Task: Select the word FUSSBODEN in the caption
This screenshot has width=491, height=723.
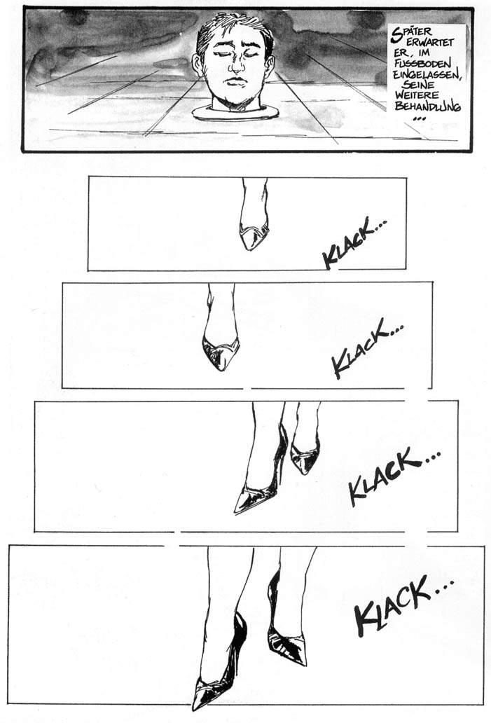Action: pyautogui.click(x=422, y=64)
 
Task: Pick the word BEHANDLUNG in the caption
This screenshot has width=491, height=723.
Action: pyautogui.click(x=427, y=106)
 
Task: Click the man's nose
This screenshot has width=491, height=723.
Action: pyautogui.click(x=237, y=66)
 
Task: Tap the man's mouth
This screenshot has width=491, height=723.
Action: pyautogui.click(x=237, y=83)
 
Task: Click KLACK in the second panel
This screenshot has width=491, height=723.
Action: pyautogui.click(x=354, y=244)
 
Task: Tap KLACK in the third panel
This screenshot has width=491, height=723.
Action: pyautogui.click(x=367, y=347)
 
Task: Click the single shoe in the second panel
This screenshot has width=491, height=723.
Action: pyautogui.click(x=253, y=235)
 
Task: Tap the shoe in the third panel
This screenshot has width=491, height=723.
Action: pyautogui.click(x=221, y=352)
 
